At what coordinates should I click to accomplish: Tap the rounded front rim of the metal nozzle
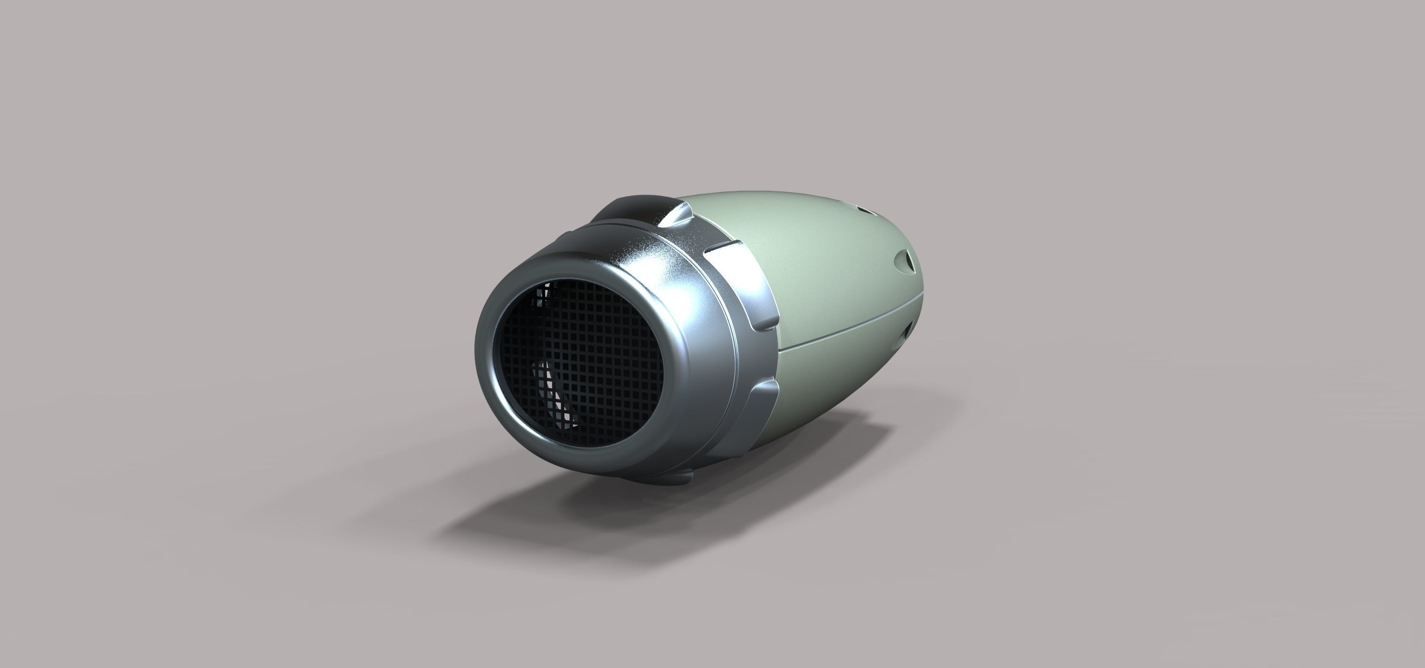[487, 354]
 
